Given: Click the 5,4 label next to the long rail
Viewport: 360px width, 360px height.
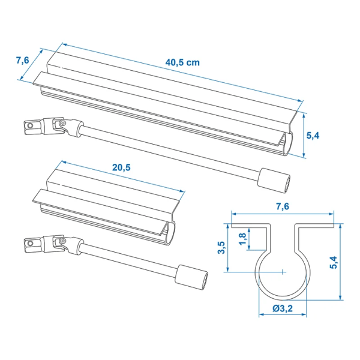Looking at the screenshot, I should coord(313,136).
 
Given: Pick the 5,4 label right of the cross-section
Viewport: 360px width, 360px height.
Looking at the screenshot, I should coord(349,262).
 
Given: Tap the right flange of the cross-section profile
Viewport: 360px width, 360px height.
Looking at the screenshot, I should coord(315,227).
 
